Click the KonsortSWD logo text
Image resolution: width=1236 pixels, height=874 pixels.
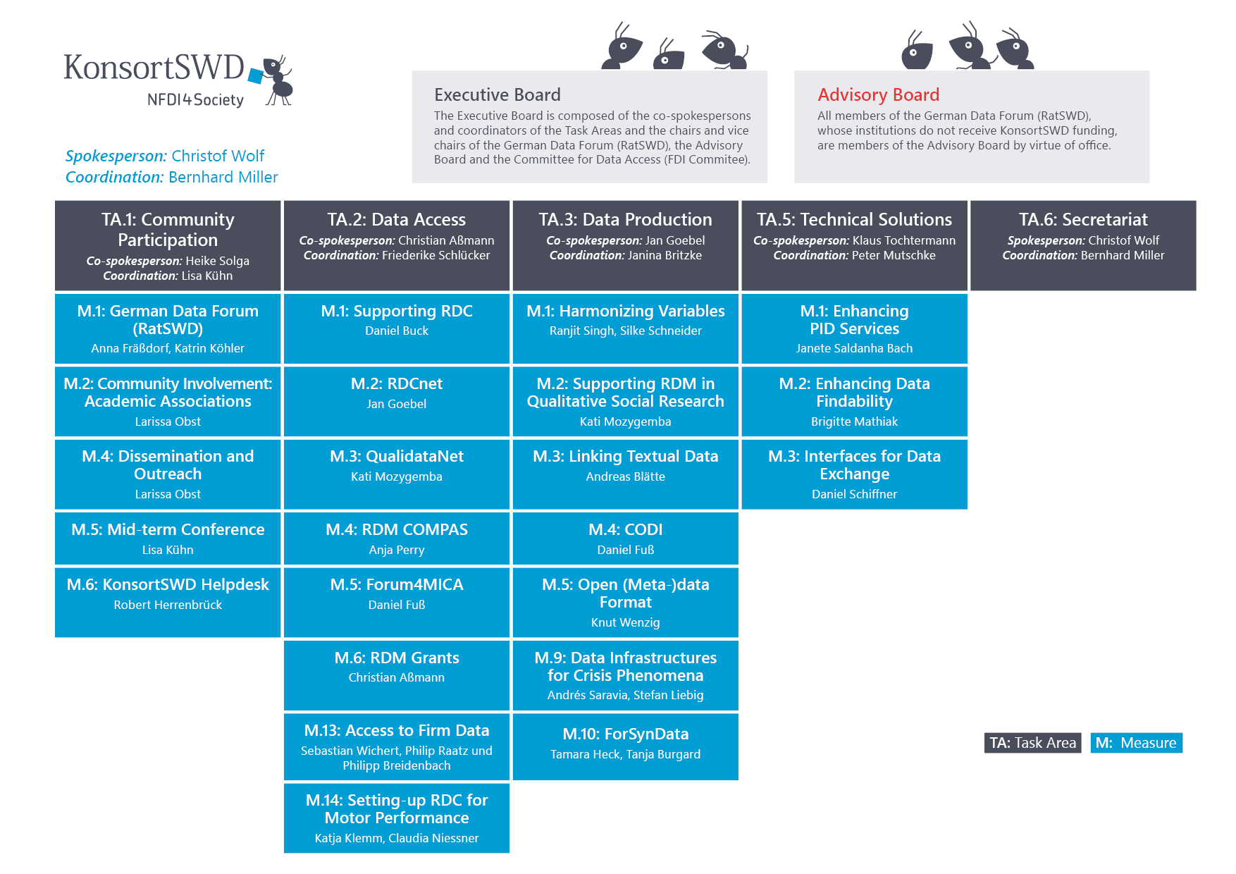click(x=154, y=68)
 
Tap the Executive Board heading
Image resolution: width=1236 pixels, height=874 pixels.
click(x=498, y=94)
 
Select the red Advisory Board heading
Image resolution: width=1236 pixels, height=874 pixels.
click(x=878, y=94)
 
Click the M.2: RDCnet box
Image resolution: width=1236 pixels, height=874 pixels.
click(x=397, y=401)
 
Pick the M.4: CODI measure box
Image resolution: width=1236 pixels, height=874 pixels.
click(x=626, y=538)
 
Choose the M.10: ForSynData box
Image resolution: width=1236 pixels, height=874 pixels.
click(x=626, y=746)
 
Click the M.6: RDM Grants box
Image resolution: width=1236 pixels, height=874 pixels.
click(x=397, y=675)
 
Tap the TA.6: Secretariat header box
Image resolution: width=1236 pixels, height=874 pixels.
click(x=1083, y=245)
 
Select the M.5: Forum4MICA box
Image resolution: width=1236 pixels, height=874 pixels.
click(x=397, y=603)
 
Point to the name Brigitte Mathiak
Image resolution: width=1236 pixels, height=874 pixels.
click(x=854, y=421)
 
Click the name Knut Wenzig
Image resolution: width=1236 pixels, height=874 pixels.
click(x=626, y=622)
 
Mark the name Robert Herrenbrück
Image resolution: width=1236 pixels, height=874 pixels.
click(x=168, y=605)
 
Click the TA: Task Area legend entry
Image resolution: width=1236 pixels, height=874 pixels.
click(x=1032, y=743)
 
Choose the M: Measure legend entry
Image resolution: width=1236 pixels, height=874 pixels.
click(x=1136, y=743)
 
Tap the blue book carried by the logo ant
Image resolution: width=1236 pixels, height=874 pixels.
click(x=255, y=75)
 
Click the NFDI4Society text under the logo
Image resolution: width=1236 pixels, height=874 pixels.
click(x=195, y=100)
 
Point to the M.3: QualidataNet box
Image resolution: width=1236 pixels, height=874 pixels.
click(x=397, y=474)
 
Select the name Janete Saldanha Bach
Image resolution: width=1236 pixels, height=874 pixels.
click(x=854, y=348)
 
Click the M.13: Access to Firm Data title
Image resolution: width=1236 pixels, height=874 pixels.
click(x=397, y=730)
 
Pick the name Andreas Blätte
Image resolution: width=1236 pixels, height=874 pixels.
click(x=626, y=476)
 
